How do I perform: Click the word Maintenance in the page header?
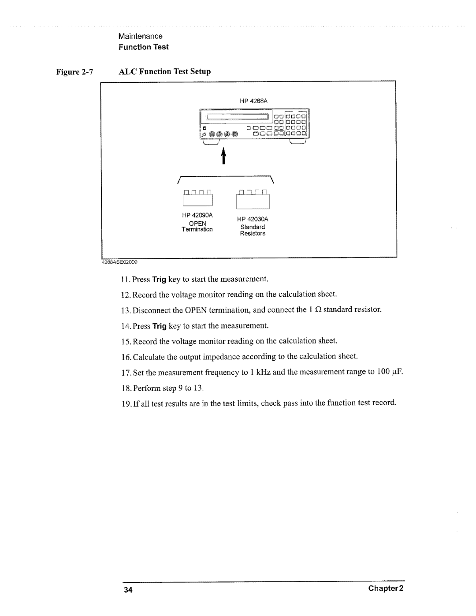point(140,36)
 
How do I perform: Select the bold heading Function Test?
point(143,47)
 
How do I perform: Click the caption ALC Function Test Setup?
point(164,71)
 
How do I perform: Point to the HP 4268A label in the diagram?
point(254,101)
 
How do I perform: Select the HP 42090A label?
point(198,215)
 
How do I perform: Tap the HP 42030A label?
point(253,219)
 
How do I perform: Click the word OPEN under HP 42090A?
point(198,223)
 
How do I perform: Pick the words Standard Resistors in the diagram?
point(253,230)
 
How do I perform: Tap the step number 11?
point(123,280)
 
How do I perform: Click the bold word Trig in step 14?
point(159,326)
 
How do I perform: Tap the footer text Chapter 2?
point(389,589)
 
